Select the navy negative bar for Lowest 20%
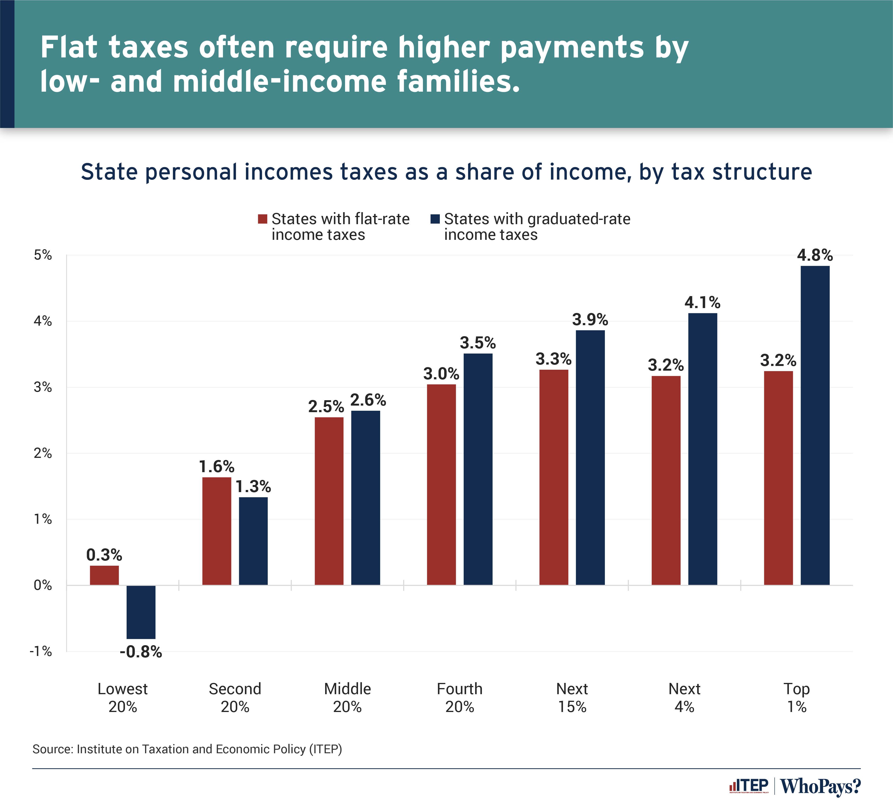141,612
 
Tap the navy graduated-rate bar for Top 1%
815,425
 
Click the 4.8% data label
815,256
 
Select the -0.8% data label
141,652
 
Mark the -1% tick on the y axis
41,652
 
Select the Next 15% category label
572,697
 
